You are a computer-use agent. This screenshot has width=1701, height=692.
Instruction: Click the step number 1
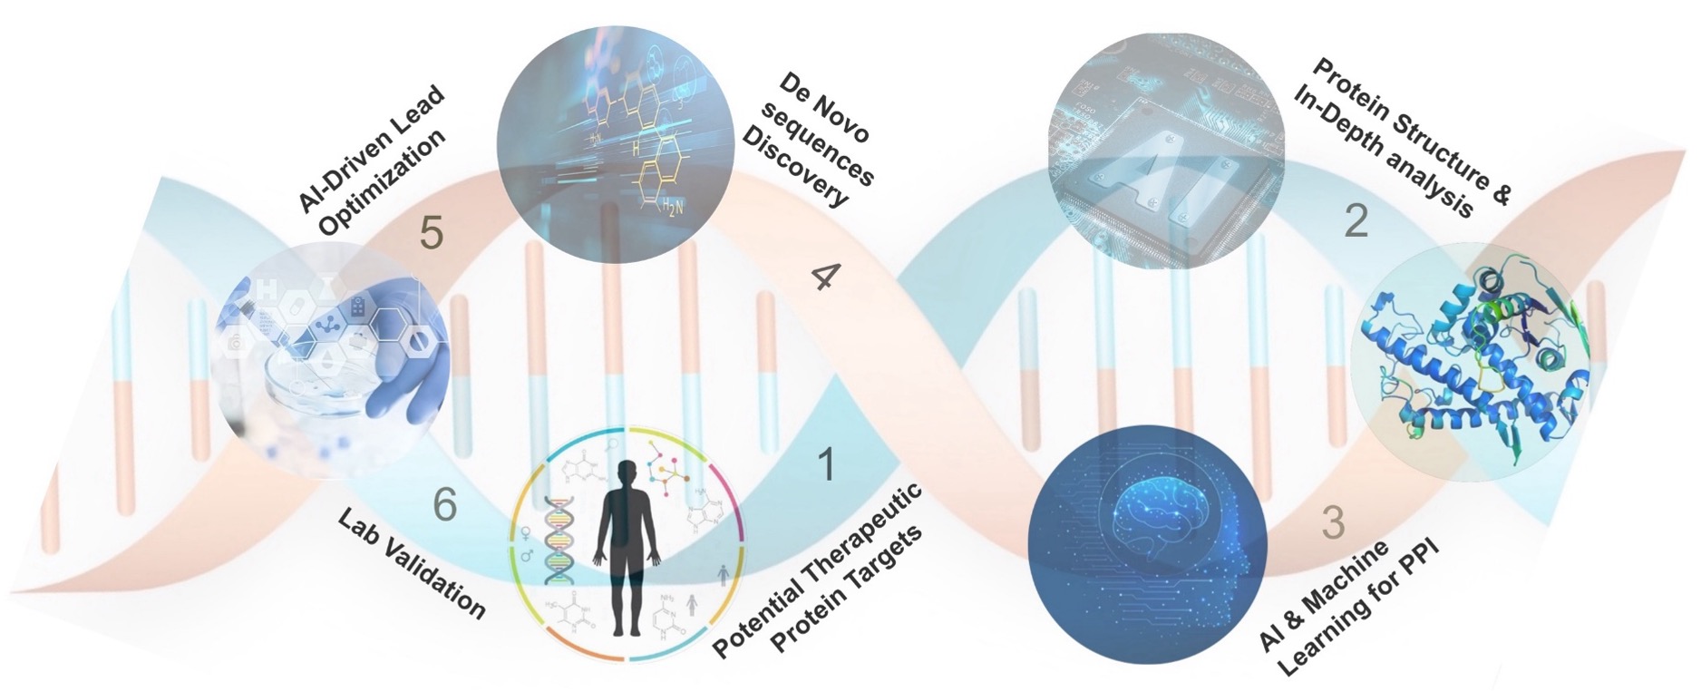click(825, 464)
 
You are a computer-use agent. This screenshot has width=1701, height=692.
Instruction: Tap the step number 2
click(1356, 221)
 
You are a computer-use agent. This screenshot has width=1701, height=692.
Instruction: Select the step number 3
click(1333, 522)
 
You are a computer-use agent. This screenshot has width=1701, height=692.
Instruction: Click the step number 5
click(431, 233)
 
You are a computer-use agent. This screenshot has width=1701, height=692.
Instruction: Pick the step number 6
click(444, 504)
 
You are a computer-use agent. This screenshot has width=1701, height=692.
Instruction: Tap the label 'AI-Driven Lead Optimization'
click(374, 163)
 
